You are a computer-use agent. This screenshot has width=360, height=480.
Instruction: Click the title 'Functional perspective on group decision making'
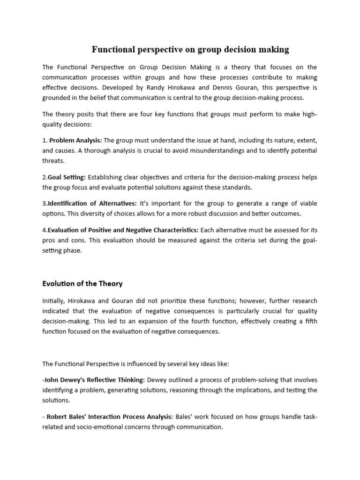(190, 49)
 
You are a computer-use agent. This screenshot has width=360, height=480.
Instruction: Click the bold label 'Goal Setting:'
(66, 177)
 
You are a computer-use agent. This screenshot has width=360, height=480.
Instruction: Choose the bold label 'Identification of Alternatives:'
(91, 203)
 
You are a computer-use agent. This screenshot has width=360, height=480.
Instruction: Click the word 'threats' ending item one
(52, 161)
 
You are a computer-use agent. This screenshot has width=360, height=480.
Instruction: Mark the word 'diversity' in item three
(93, 213)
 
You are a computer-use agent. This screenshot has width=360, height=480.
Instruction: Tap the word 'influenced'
(139, 363)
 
